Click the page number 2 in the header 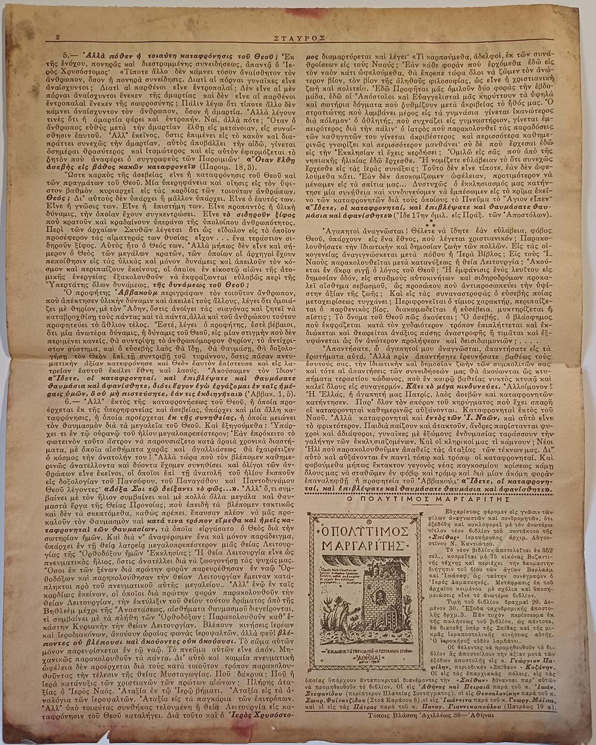(58, 37)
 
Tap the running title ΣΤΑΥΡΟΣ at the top (298, 36)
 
